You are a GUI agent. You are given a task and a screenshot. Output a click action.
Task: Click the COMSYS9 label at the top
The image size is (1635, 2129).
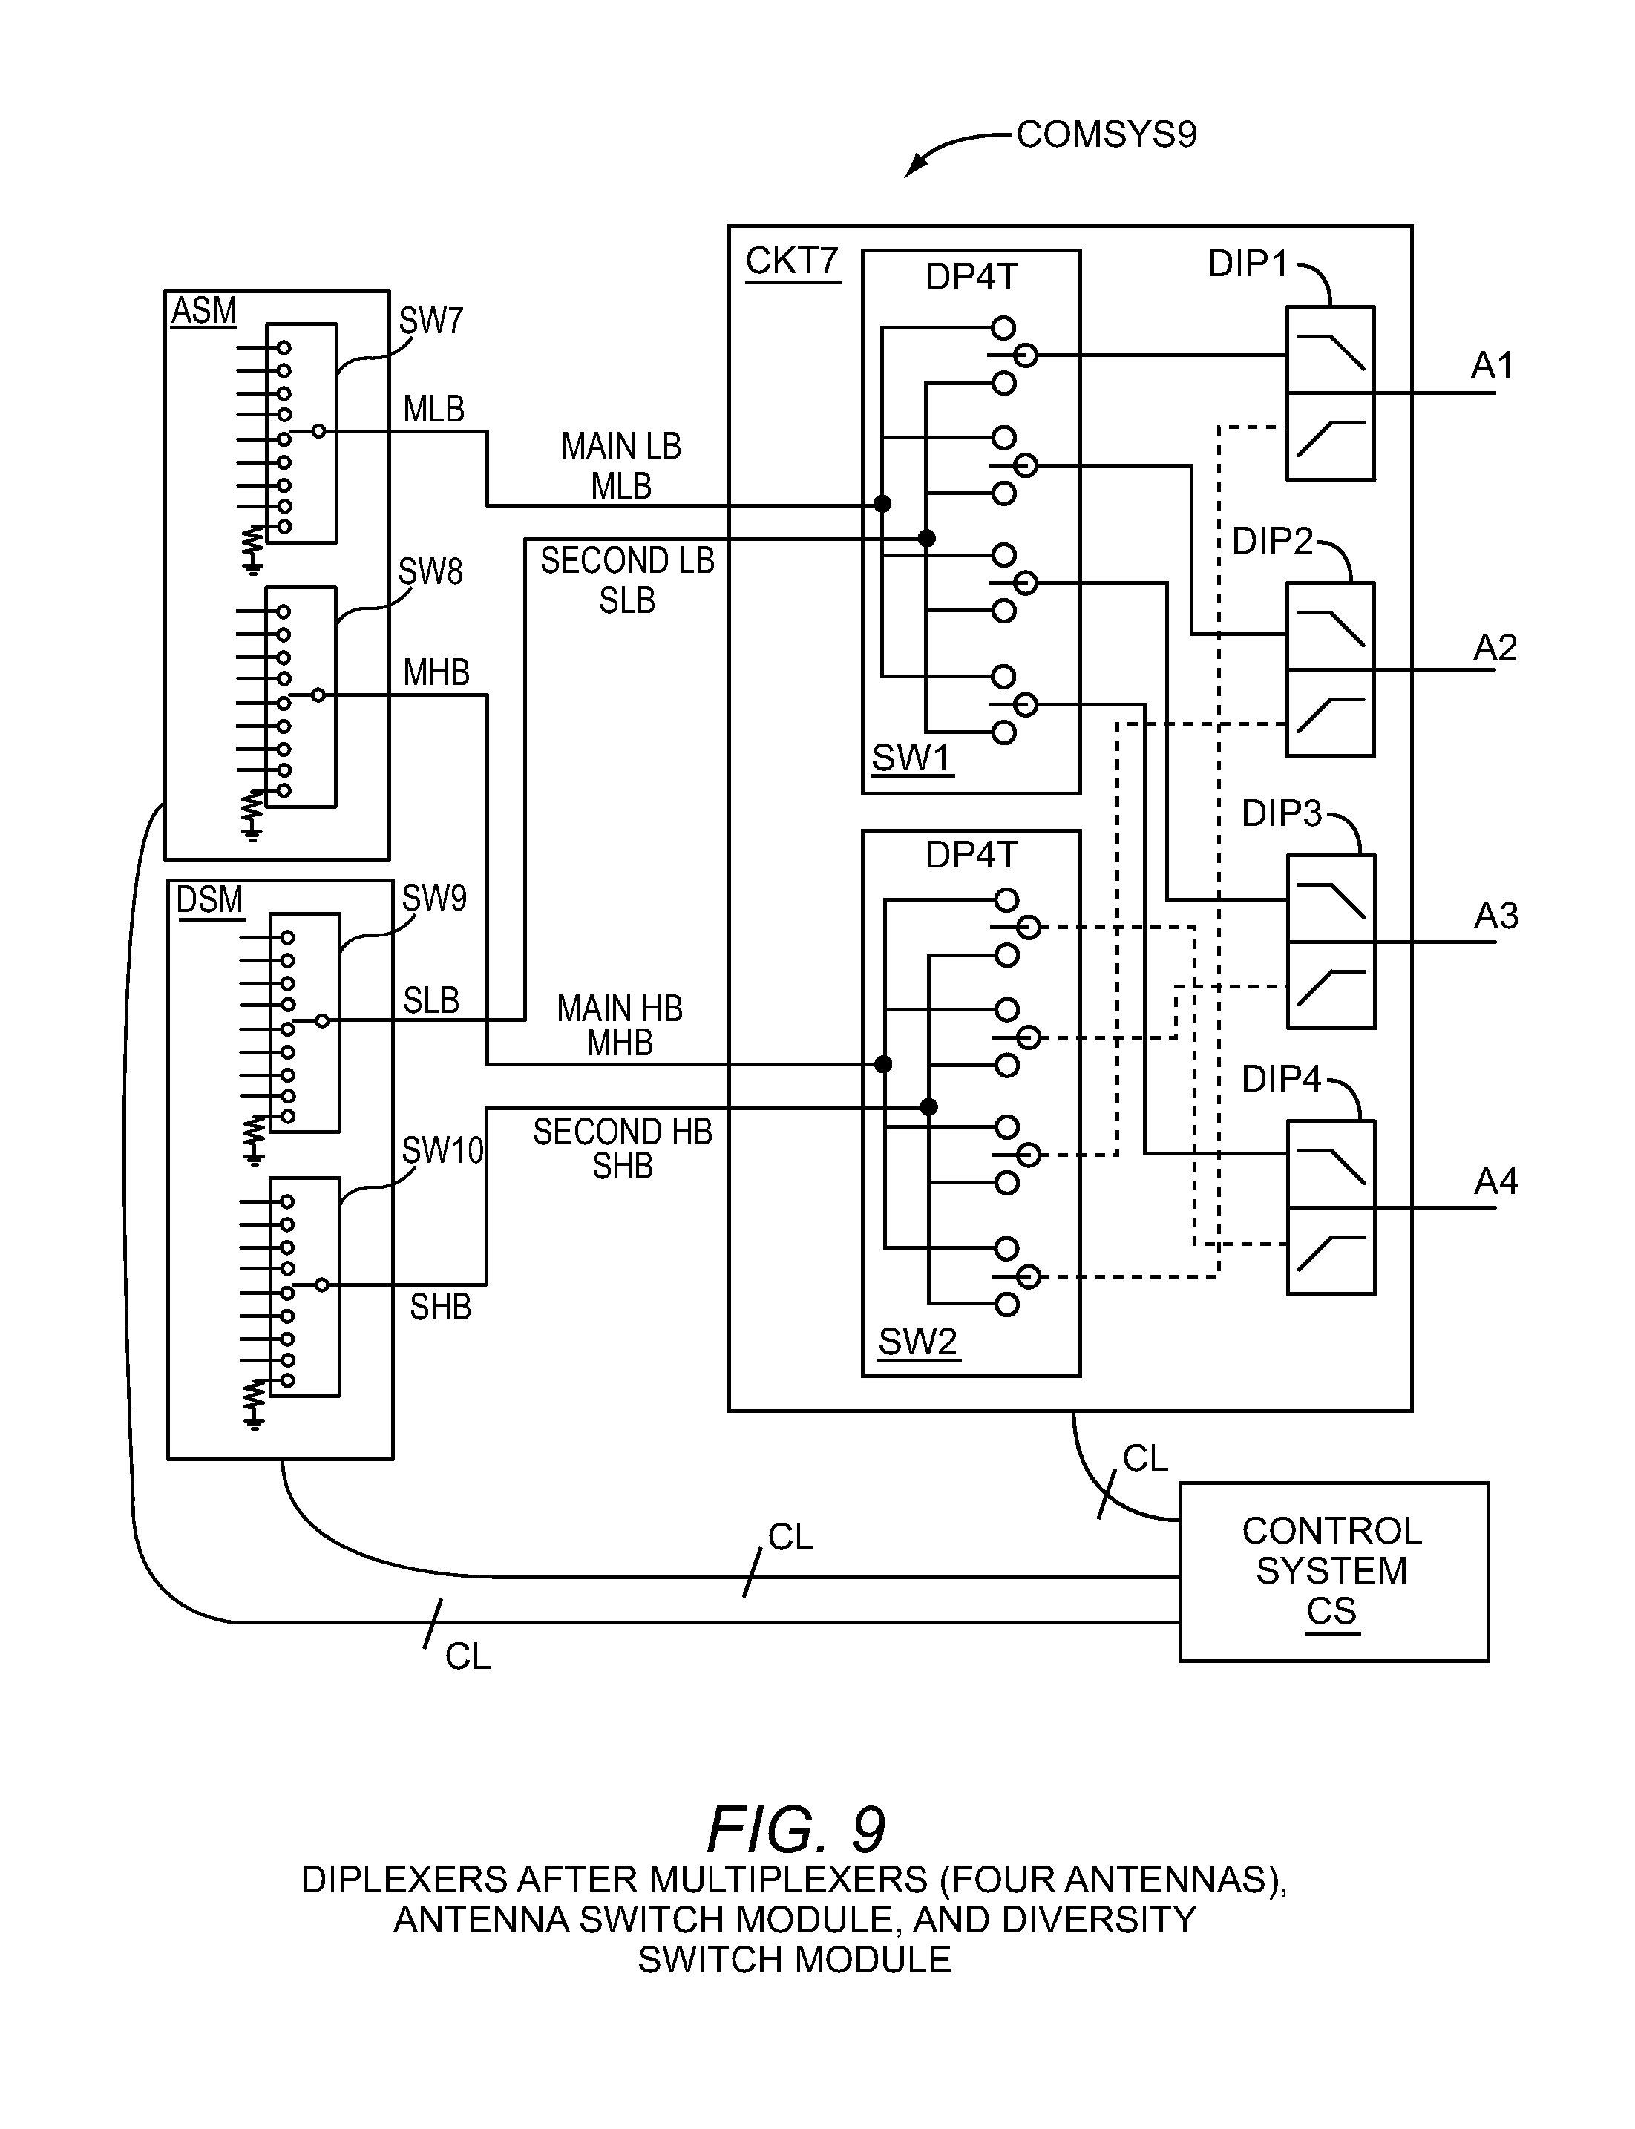(1106, 134)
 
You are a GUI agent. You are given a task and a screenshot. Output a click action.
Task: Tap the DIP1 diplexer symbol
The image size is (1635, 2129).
(1331, 393)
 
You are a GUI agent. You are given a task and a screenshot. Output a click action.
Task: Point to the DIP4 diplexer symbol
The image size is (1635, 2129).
(1331, 1207)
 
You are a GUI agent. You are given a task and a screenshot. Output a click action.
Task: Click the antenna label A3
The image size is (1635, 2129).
(1495, 916)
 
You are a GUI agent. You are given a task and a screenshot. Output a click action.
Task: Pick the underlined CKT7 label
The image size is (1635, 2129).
(792, 262)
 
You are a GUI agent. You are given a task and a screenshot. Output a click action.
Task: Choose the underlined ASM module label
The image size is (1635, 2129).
(204, 312)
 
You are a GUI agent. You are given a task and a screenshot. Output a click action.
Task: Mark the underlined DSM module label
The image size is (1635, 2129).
(209, 900)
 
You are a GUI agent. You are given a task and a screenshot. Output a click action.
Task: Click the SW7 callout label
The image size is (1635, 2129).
(431, 320)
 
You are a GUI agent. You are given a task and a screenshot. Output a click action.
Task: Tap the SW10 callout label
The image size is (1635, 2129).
(443, 1151)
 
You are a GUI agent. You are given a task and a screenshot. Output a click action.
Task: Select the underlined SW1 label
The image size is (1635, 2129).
(911, 758)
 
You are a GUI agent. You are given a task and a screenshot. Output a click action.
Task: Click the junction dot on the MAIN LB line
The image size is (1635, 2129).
(882, 504)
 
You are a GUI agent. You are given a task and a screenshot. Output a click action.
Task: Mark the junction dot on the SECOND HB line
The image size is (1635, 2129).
(928, 1107)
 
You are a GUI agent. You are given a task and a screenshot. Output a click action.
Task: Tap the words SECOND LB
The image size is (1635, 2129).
(628, 562)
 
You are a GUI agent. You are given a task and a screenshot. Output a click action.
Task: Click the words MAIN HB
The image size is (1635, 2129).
(620, 1008)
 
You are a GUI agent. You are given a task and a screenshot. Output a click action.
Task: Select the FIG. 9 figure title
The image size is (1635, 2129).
(796, 1829)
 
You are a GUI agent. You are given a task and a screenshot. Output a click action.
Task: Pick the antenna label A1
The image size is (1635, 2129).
(1492, 366)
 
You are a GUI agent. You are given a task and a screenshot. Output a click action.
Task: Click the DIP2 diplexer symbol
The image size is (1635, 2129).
(1331, 669)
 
